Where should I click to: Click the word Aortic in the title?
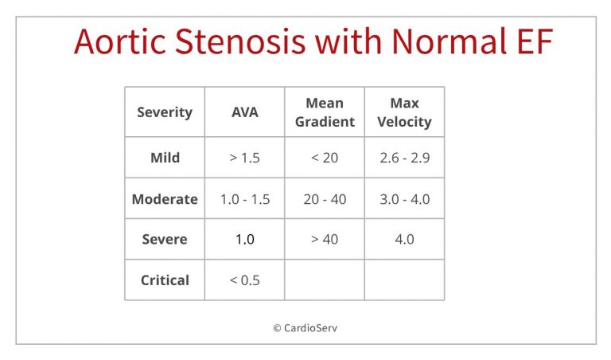[x=120, y=41]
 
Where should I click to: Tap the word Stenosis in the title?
[x=239, y=41]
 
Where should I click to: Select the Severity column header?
[x=165, y=112]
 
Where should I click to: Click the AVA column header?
[x=245, y=112]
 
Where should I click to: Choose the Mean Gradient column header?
[x=325, y=112]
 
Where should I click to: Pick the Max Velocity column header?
[x=404, y=112]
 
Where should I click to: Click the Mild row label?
[x=165, y=158]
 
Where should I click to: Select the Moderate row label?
[x=165, y=199]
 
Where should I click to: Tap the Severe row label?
[x=165, y=239]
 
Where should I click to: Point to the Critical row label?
[x=165, y=280]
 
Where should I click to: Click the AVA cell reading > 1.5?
[x=245, y=158]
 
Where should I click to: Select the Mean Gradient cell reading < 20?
[x=325, y=158]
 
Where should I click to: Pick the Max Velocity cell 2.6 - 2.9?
[x=404, y=158]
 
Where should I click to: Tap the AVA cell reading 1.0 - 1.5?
[x=245, y=199]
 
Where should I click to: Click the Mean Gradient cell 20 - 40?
[x=325, y=199]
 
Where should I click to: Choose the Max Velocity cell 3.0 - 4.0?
[x=404, y=199]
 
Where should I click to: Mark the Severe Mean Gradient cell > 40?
[x=325, y=239]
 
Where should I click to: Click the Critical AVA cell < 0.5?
[x=245, y=280]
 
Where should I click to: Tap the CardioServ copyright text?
[x=305, y=328]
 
